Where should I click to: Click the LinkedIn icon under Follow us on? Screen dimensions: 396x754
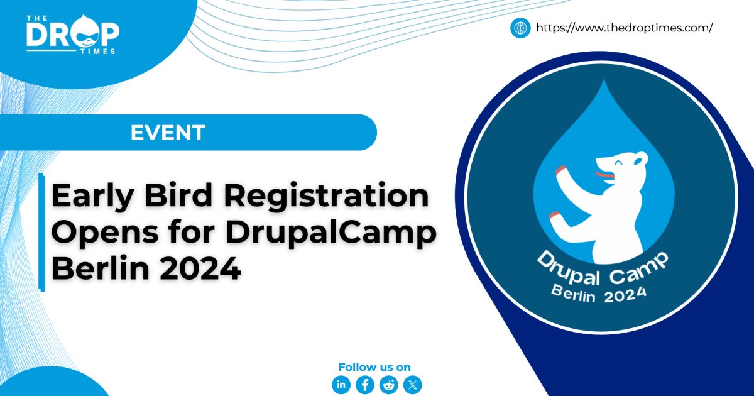(341, 385)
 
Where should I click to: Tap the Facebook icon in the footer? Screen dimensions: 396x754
(365, 385)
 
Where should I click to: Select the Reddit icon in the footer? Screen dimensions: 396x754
(389, 385)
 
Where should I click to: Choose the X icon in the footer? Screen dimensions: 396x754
(413, 385)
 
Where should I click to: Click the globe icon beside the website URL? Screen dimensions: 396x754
(520, 28)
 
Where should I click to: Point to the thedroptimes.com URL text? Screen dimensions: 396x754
(624, 28)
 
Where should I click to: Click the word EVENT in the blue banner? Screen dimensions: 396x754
(168, 133)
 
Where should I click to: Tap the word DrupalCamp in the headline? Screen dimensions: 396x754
(331, 234)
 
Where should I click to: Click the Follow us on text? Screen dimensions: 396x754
(374, 367)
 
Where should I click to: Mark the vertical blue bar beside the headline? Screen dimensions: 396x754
(42, 232)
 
